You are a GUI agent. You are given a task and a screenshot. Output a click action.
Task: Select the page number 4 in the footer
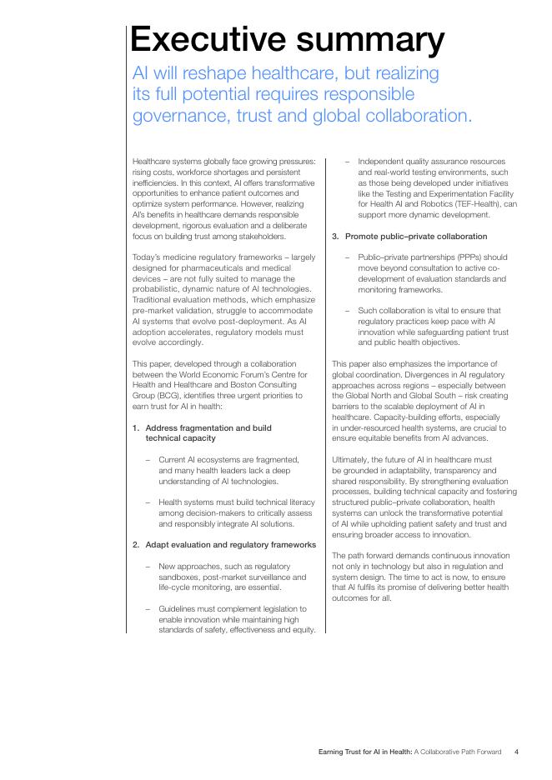pyautogui.click(x=516, y=752)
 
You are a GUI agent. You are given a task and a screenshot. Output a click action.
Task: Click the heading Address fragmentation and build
pyautogui.click(x=208, y=427)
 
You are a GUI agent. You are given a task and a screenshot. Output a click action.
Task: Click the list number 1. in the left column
pyautogui.click(x=136, y=427)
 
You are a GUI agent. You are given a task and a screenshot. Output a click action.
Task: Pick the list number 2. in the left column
pyautogui.click(x=136, y=544)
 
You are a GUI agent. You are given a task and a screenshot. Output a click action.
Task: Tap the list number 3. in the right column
pyautogui.click(x=335, y=237)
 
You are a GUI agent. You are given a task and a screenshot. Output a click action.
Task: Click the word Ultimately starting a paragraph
pyautogui.click(x=352, y=459)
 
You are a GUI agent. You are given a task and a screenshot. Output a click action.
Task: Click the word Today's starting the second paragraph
pyautogui.click(x=146, y=257)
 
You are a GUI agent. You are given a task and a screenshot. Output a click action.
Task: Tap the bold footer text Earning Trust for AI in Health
pyautogui.click(x=365, y=752)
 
